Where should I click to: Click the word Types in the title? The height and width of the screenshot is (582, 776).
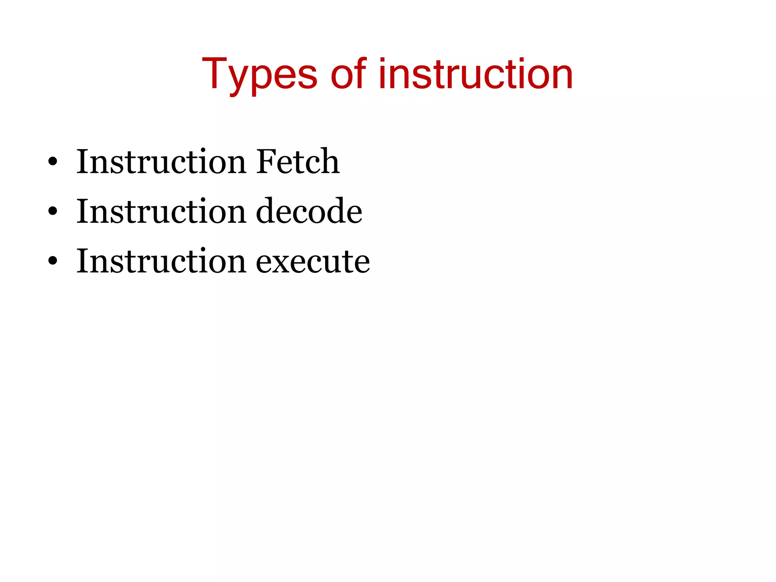[x=260, y=74]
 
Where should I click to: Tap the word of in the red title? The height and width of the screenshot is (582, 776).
[x=348, y=74]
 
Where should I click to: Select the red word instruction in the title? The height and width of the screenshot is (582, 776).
[x=476, y=74]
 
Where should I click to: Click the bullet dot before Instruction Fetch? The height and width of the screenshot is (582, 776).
[x=53, y=162]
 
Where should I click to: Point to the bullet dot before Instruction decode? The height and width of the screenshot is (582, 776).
[x=53, y=211]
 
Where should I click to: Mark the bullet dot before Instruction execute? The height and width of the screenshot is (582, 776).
[x=53, y=261]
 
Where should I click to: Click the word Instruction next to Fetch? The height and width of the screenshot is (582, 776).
[x=161, y=162]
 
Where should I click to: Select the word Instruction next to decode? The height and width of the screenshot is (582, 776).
[x=161, y=211]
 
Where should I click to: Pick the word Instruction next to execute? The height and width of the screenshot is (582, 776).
[x=161, y=261]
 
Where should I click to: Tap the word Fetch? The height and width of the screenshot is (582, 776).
[x=298, y=162]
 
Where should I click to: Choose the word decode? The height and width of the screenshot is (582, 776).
[x=309, y=211]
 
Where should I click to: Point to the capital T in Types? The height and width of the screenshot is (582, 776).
[x=214, y=74]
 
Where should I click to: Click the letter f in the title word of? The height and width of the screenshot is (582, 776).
[x=360, y=74]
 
